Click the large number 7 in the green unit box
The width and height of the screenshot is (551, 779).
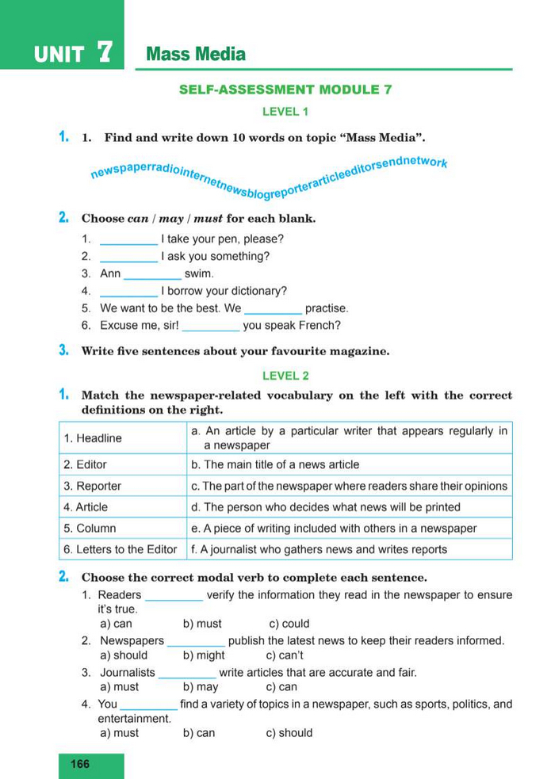click(104, 53)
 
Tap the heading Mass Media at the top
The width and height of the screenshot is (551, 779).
click(196, 55)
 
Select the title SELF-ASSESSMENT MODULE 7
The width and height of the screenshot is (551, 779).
click(285, 90)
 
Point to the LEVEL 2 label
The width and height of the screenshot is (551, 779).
click(285, 376)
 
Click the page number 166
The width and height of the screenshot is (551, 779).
click(80, 764)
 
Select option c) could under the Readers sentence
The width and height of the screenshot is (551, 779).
click(289, 624)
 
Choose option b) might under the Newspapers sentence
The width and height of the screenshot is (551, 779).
click(204, 655)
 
